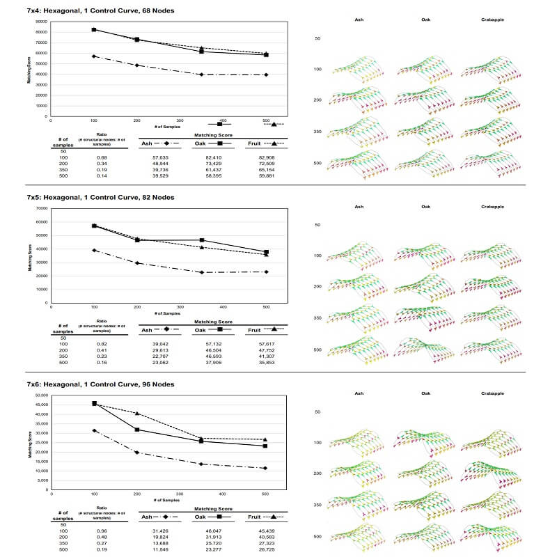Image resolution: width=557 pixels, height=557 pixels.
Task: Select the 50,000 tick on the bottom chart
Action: pos(40,395)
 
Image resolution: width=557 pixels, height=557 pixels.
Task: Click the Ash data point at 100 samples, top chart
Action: pos(94,56)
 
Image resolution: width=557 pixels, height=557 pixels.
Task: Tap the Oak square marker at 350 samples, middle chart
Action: pos(202,240)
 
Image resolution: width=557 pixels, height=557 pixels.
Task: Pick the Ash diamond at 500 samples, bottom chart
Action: pos(266,468)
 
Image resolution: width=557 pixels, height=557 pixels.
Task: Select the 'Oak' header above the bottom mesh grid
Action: pos(425,394)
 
